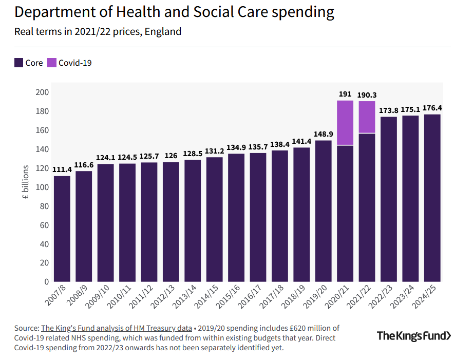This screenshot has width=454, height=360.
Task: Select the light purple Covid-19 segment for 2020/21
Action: pyautogui.click(x=345, y=123)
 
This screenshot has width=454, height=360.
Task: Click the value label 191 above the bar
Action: pyautogui.click(x=345, y=94)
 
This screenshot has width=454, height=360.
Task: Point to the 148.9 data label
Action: pyautogui.click(x=323, y=134)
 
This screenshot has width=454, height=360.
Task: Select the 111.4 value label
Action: pyautogui.click(x=62, y=169)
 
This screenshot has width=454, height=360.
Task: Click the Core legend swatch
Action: pyautogui.click(x=18, y=63)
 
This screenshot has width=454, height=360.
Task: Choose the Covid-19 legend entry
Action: pyautogui.click(x=69, y=63)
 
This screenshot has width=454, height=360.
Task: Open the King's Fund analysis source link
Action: pyautogui.click(x=116, y=328)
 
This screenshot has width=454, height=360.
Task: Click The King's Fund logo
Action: pyautogui.click(x=414, y=336)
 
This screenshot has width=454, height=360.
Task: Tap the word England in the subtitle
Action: pyautogui.click(x=163, y=32)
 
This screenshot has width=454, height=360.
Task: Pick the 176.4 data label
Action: pyautogui.click(x=432, y=108)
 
